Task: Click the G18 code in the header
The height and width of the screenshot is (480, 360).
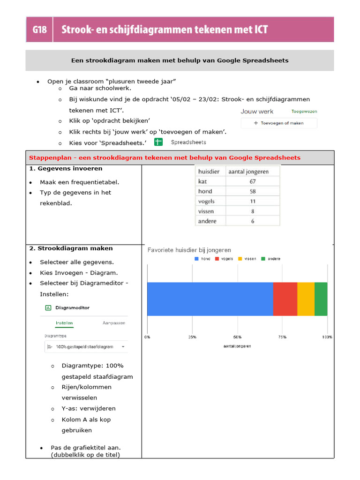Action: pyautogui.click(x=39, y=30)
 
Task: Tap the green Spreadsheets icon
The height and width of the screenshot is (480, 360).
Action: pyautogui.click(x=158, y=142)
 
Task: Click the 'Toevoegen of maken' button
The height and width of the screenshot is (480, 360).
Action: pyautogui.click(x=279, y=123)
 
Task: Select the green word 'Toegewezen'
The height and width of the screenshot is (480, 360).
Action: pyautogui.click(x=304, y=112)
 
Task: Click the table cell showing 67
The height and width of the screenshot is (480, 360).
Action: pyautogui.click(x=253, y=181)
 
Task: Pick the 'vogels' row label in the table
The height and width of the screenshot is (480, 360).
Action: pyautogui.click(x=207, y=201)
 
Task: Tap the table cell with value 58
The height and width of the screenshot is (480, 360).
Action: pyautogui.click(x=253, y=191)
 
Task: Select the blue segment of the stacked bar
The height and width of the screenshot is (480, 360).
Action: pyautogui.click(x=210, y=299)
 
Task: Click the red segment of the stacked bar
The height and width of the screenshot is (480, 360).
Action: pyautogui.click(x=285, y=299)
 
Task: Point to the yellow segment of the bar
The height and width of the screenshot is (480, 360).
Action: pyautogui.click(x=306, y=299)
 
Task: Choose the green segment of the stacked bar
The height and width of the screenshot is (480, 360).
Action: pyautogui.click(x=321, y=299)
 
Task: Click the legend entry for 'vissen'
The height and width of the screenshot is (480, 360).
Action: pyautogui.click(x=247, y=259)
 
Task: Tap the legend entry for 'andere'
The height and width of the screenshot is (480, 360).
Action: pyautogui.click(x=270, y=259)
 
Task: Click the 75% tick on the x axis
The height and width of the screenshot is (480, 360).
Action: pyautogui.click(x=282, y=337)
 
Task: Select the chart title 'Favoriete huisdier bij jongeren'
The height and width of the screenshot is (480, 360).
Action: pyautogui.click(x=189, y=250)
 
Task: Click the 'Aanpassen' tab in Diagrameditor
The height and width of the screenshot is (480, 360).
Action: pyautogui.click(x=114, y=323)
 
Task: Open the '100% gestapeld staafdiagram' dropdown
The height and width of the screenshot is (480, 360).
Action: pyautogui.click(x=86, y=347)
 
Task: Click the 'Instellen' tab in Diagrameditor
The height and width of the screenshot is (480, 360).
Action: pyautogui.click(x=64, y=323)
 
